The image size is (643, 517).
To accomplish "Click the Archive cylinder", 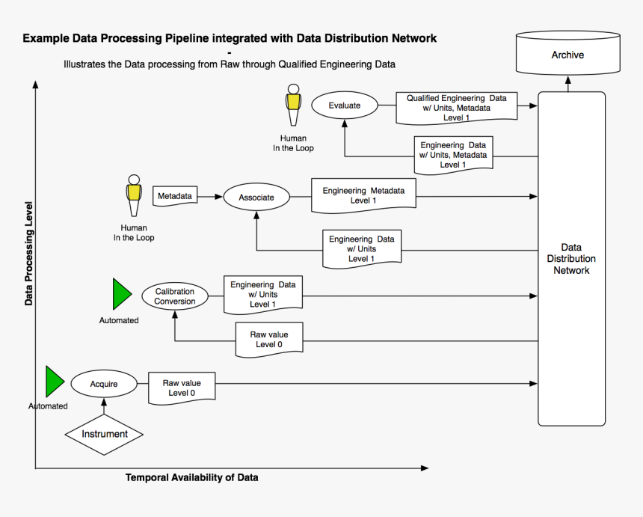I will click(x=567, y=55).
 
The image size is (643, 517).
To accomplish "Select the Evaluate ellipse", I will click(x=344, y=105).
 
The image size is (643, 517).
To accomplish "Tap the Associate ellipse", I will click(x=256, y=198).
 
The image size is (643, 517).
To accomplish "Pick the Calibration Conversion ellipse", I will click(x=175, y=296).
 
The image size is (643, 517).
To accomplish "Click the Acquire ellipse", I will click(x=104, y=385).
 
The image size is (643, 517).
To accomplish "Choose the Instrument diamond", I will click(x=104, y=434).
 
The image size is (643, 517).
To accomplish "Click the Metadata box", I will click(x=174, y=196).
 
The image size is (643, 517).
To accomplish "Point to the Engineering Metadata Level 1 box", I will click(x=363, y=195).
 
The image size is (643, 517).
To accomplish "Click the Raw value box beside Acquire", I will click(x=182, y=388).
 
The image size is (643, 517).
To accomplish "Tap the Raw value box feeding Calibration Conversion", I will click(x=269, y=339).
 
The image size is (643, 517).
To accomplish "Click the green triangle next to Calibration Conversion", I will click(x=121, y=294).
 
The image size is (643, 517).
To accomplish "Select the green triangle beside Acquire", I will click(x=55, y=382).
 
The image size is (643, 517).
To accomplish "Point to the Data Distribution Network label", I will click(x=571, y=259).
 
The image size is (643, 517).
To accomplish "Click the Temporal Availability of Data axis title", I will click(x=192, y=477).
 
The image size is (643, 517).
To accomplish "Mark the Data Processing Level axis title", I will click(x=29, y=253).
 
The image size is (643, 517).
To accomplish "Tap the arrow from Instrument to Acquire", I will click(x=104, y=406).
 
